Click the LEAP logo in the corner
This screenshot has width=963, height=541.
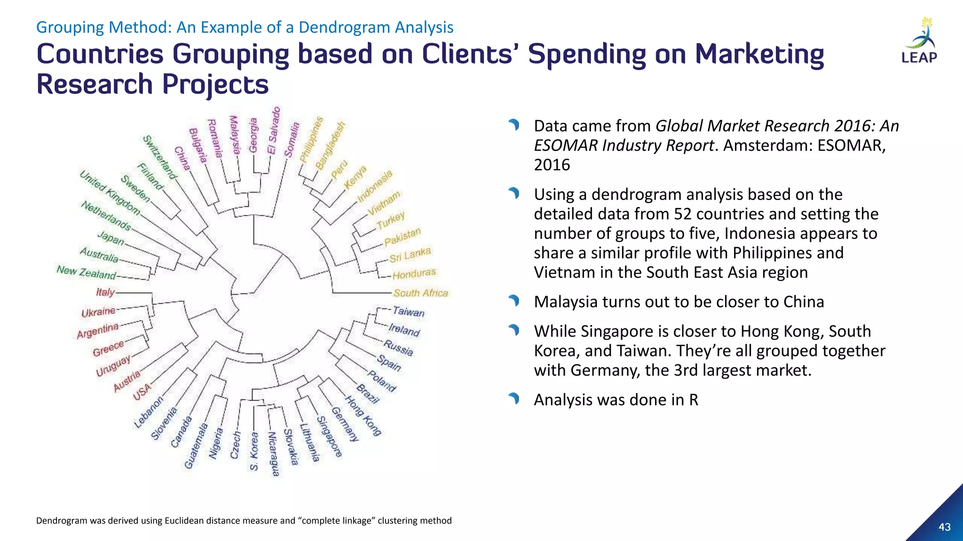(919, 41)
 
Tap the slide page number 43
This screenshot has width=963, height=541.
(944, 527)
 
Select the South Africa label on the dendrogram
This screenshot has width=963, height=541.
(420, 293)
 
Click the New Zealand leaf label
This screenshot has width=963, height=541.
(86, 272)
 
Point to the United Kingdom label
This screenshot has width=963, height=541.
(110, 193)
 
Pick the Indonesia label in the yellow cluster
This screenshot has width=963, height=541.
(375, 186)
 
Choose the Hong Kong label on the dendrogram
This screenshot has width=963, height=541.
(363, 416)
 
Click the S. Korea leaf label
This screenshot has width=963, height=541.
(254, 451)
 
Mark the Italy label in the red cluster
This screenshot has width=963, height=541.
(105, 292)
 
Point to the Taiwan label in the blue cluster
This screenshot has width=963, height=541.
(408, 311)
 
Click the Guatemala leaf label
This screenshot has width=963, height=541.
(196, 446)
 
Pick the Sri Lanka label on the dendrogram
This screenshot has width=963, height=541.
(410, 255)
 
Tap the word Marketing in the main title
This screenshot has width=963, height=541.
(759, 54)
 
